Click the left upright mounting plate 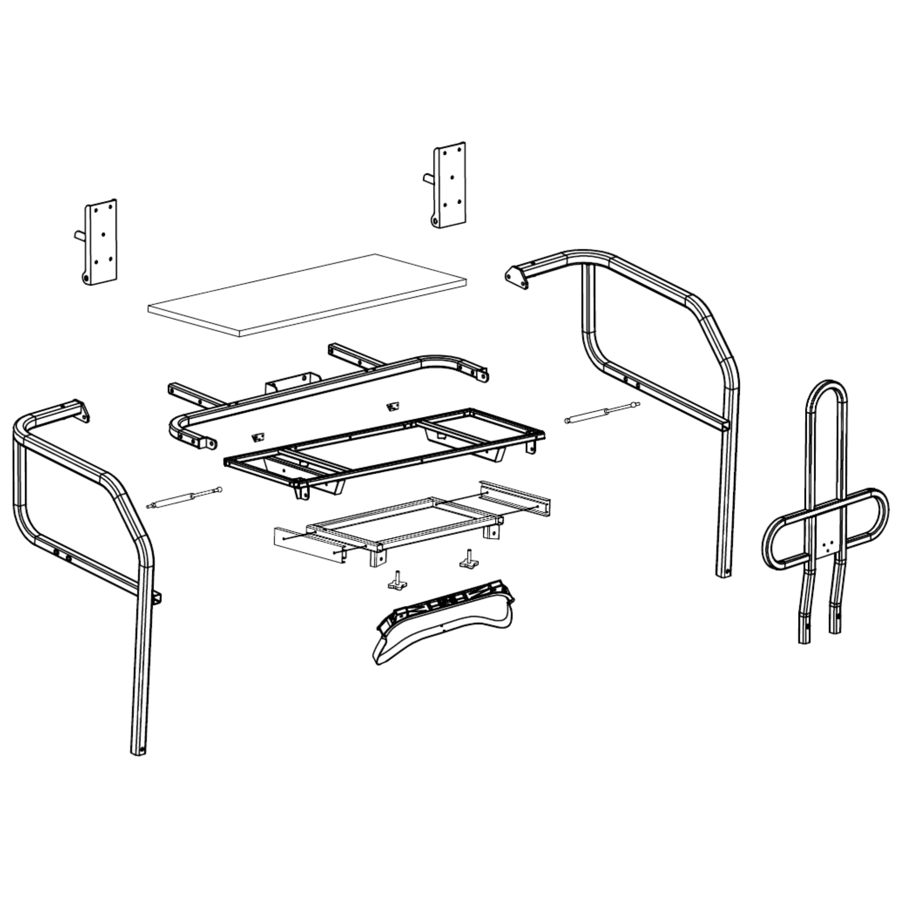[x=101, y=242]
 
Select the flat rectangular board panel [x=307, y=296]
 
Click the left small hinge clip [x=257, y=437]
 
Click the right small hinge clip [x=393, y=407]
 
